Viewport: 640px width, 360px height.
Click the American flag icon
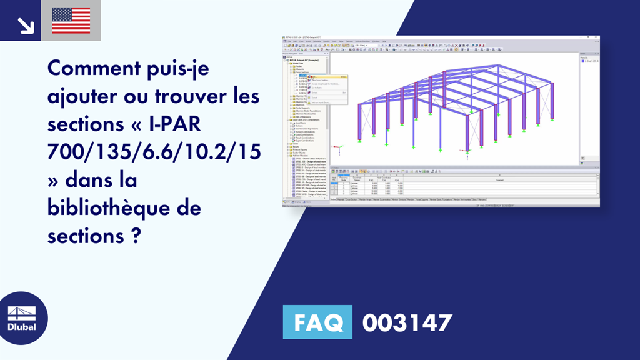click(x=71, y=21)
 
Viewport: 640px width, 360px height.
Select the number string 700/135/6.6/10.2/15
click(x=154, y=153)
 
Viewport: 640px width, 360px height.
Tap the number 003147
click(x=407, y=322)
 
